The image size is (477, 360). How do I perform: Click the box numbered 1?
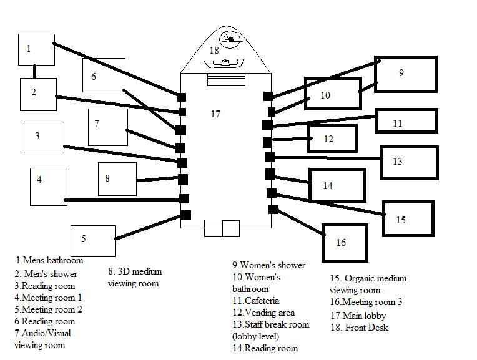click(x=36, y=49)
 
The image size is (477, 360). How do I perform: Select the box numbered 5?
click(x=93, y=241)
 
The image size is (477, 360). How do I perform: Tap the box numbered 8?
click(x=117, y=178)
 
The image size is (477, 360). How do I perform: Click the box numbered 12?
click(x=332, y=139)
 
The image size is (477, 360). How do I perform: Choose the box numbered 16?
click(x=344, y=242)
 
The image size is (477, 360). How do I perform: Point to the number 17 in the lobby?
click(x=215, y=114)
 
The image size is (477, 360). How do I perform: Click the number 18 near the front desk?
click(x=214, y=49)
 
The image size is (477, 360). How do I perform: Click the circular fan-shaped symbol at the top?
click(x=230, y=39)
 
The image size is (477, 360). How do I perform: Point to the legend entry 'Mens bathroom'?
click(x=50, y=260)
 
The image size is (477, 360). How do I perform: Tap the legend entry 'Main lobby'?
click(x=358, y=316)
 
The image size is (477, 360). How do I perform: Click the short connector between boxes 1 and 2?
click(x=35, y=71)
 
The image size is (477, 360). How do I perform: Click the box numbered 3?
click(x=43, y=137)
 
